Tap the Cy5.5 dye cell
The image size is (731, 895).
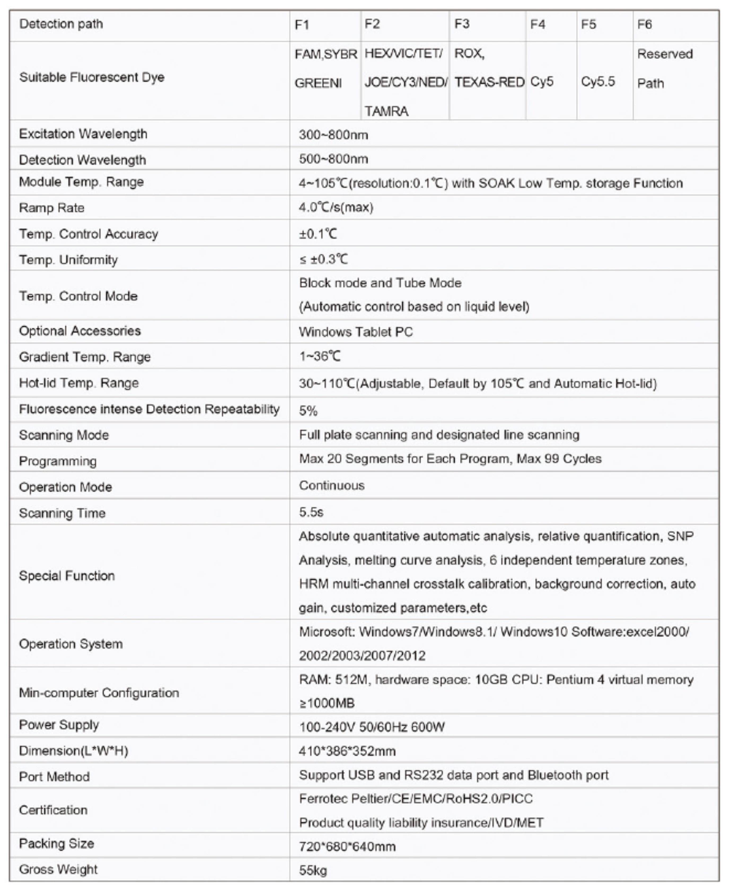point(598,81)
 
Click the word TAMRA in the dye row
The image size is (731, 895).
point(386,111)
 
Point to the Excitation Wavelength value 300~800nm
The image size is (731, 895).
point(333,135)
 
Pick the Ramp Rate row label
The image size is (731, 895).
point(51,208)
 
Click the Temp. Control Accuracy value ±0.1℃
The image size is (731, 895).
point(318,234)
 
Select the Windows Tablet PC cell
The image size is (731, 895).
point(356,332)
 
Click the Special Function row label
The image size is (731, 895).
point(67,576)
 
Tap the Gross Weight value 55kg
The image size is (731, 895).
point(313,870)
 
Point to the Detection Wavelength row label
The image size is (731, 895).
point(82,160)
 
